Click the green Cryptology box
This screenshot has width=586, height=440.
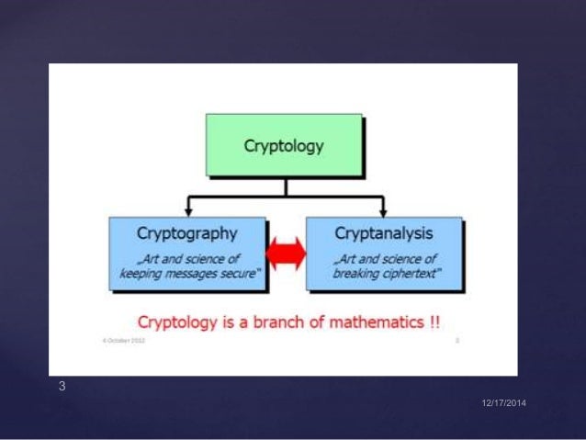284,145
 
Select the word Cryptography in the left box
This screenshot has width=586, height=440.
188,233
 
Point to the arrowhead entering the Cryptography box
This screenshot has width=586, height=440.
188,211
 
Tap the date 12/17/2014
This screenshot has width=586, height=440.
505,405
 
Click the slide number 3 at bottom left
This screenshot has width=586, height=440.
62,387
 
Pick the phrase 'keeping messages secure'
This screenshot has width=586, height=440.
188,273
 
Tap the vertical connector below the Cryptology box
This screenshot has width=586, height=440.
285,186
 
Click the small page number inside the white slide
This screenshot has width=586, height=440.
456,340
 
